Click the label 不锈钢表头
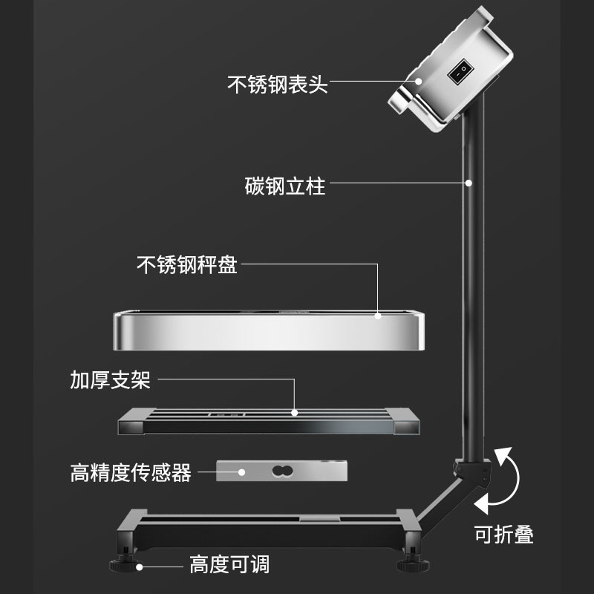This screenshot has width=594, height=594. click(277, 84)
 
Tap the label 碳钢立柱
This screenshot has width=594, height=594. click(285, 185)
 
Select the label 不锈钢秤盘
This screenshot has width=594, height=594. click(187, 265)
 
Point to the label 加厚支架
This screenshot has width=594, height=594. click(111, 381)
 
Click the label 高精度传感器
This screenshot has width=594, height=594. click(131, 472)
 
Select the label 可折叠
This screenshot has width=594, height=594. click(504, 534)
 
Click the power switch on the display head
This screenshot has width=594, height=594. click(461, 71)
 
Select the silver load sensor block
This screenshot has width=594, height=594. click(281, 471)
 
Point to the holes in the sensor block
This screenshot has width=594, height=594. click(281, 471)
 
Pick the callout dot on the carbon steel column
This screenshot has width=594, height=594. click(469, 182)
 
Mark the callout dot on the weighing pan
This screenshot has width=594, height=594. click(378, 316)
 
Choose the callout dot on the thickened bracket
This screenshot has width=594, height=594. click(295, 411)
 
